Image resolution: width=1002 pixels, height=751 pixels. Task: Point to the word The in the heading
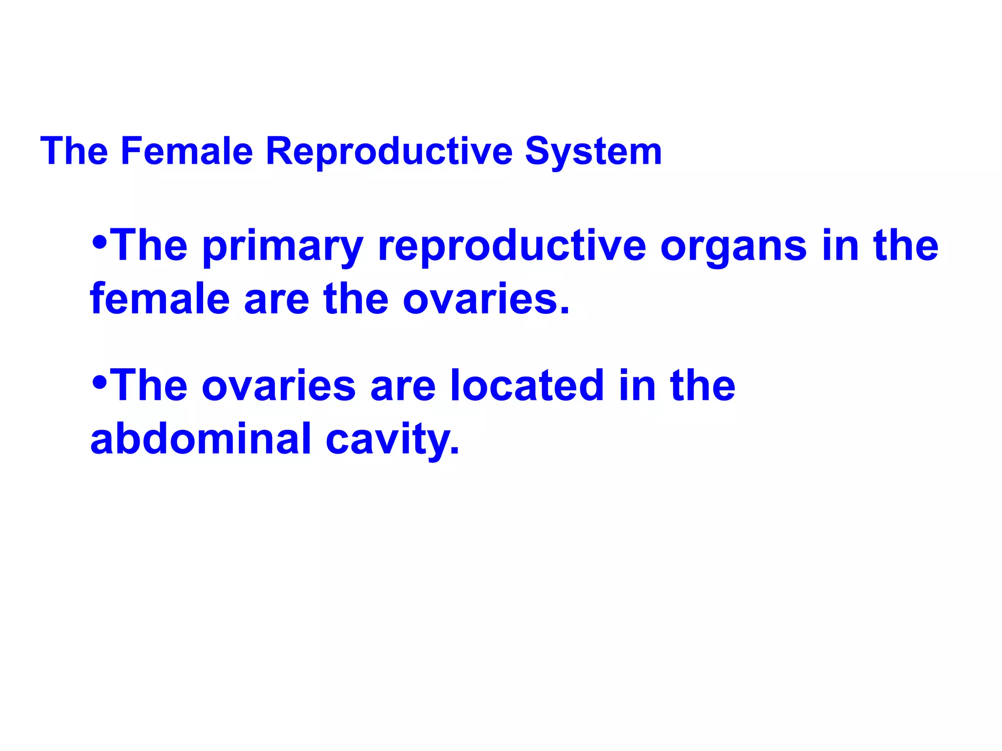[x=74, y=151]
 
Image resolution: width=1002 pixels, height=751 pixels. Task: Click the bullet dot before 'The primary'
[x=99, y=242]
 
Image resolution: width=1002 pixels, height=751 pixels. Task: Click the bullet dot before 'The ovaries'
[x=99, y=382]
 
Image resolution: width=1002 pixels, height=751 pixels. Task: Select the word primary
[x=282, y=246]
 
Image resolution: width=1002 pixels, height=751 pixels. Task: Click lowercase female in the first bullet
[x=159, y=299]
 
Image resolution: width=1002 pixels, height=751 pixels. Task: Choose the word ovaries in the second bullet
[x=278, y=386]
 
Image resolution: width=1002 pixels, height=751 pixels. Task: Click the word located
[x=526, y=386]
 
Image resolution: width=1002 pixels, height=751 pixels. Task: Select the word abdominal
[x=201, y=439]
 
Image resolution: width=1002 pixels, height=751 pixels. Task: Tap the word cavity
[x=392, y=440]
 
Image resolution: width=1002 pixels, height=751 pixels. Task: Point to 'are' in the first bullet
[x=276, y=300]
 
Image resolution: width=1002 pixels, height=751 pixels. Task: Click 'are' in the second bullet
[x=403, y=386]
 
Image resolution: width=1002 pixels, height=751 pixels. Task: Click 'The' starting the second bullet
[x=150, y=386]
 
